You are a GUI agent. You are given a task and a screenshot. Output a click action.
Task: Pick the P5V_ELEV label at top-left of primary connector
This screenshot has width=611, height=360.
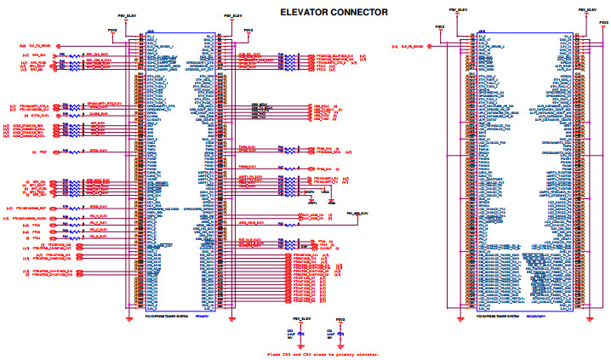coord(124,15)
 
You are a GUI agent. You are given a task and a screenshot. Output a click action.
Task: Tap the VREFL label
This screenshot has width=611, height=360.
coord(312,203)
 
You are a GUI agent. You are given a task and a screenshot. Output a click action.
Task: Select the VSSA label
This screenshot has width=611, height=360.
coord(332,203)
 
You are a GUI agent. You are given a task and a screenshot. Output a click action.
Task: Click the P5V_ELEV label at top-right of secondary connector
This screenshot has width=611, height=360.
coord(586,10)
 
